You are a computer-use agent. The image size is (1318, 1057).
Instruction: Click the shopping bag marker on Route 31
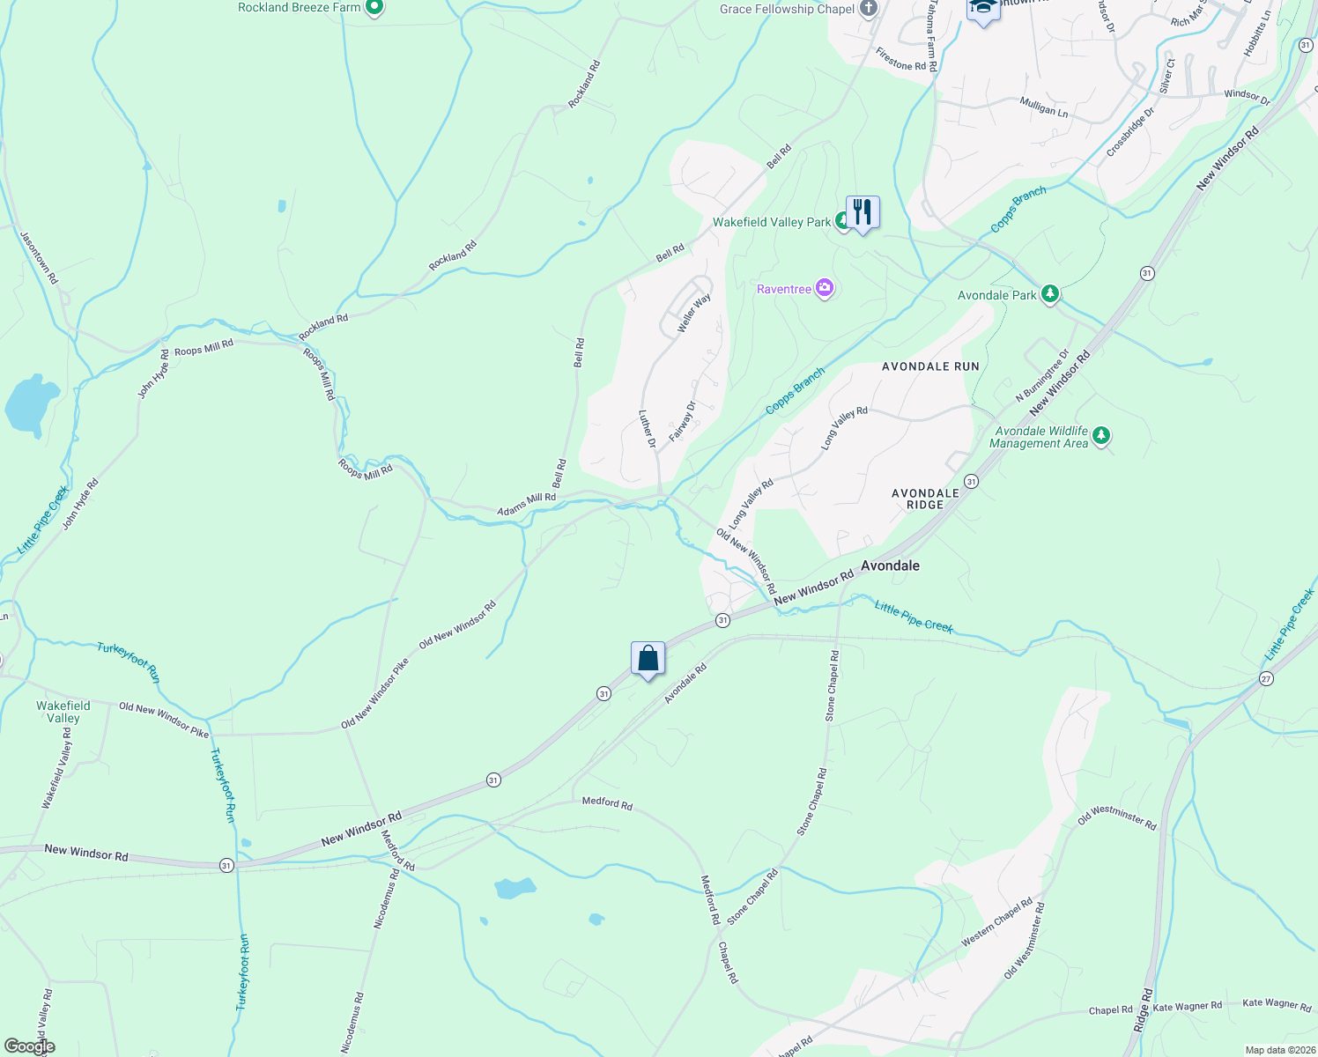pos(648,659)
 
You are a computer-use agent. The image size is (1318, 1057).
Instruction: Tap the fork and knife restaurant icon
pos(863,212)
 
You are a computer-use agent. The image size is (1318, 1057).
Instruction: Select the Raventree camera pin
pos(825,288)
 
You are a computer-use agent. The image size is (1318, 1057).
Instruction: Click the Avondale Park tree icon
pos(1049,294)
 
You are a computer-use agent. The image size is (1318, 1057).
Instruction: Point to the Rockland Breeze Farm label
pos(300,8)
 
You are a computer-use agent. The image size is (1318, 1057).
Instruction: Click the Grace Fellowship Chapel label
pos(787,9)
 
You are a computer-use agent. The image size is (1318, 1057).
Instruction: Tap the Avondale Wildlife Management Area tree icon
pos(1100,435)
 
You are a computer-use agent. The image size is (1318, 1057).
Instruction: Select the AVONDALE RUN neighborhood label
pos(930,366)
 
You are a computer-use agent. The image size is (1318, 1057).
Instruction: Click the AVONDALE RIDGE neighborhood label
pos(925,499)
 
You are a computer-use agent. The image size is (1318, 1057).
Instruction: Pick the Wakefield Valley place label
pos(63,712)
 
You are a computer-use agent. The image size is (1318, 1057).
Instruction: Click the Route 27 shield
pos(1266,678)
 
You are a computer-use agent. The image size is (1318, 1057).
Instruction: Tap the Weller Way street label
pos(693,314)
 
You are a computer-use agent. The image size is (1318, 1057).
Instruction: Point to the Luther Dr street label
pos(648,429)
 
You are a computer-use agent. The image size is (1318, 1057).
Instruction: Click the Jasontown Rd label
pos(39,257)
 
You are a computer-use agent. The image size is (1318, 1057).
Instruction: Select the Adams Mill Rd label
pos(526,505)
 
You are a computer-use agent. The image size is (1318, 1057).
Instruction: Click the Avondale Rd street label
pos(685,684)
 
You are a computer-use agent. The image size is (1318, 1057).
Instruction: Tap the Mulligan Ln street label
pos(1043,107)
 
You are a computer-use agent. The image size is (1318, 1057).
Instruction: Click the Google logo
pos(29,1046)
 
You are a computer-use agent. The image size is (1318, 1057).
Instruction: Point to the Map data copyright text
pos(1278,1050)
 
